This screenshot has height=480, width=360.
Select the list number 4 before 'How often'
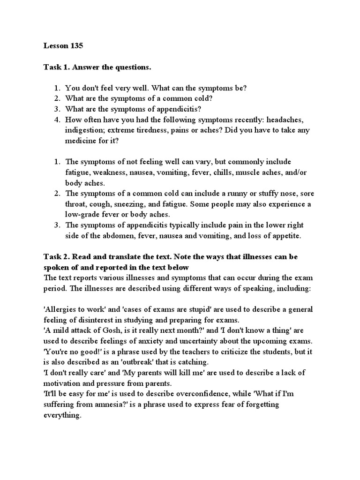(56, 120)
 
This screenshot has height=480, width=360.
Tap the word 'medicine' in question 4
(83, 140)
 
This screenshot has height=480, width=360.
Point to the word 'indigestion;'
(86, 130)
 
